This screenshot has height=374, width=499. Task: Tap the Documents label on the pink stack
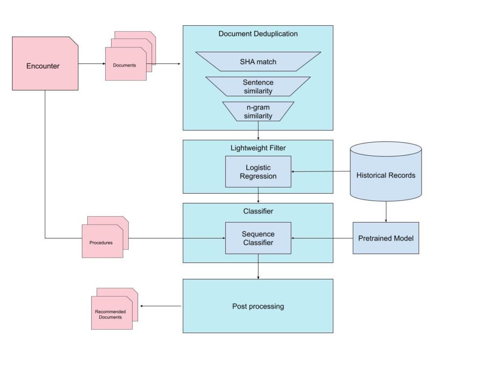coord(125,65)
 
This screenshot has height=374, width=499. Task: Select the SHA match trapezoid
coord(258,61)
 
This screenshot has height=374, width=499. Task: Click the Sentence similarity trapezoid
coord(258,86)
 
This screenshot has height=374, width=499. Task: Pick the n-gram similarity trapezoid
coord(258,112)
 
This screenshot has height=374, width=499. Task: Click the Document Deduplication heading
coord(258,34)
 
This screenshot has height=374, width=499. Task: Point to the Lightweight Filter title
coord(258,147)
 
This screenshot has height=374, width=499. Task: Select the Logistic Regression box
coord(258,172)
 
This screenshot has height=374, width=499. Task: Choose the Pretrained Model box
coord(385,238)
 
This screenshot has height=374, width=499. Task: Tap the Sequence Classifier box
coord(258,238)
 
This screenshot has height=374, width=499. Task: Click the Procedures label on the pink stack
coord(101,242)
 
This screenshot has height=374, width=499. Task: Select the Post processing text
coord(258,306)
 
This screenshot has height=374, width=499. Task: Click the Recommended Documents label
coord(110,314)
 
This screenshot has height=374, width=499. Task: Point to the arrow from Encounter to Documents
coord(92,64)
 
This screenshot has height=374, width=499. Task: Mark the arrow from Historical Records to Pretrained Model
coord(385,212)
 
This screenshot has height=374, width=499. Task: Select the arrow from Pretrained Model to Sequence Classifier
coord(322,238)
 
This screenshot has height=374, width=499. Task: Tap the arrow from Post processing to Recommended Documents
coord(161,306)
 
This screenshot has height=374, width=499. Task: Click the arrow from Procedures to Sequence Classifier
coord(175,238)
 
